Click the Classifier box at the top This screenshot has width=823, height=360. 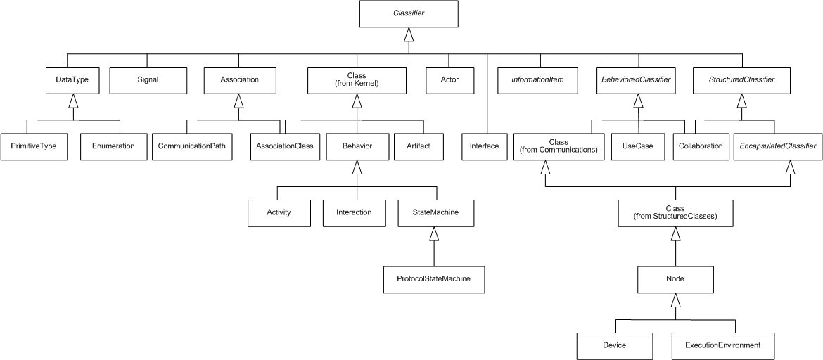[407, 13]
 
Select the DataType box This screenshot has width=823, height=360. [72, 79]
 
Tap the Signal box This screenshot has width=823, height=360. [148, 79]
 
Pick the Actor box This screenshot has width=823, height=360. [449, 79]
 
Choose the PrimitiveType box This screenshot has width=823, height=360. [34, 146]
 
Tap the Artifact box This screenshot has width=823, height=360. [418, 146]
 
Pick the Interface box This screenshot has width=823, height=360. [484, 146]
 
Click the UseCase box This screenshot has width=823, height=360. [638, 146]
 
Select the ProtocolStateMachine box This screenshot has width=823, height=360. [434, 279]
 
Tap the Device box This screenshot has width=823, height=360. [614, 345]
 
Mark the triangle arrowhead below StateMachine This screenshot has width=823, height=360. [434, 233]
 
